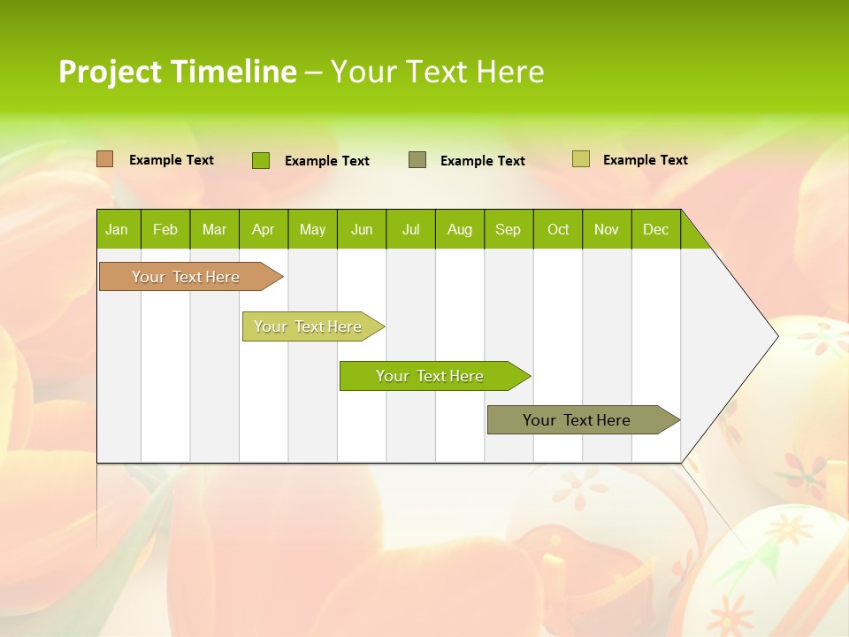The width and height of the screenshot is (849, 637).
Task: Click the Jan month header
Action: (x=117, y=229)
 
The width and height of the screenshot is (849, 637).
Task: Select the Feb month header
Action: (x=165, y=229)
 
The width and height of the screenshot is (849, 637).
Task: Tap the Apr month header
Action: (x=263, y=229)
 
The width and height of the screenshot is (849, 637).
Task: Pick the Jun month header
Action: (x=362, y=229)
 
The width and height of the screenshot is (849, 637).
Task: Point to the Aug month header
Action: (x=459, y=229)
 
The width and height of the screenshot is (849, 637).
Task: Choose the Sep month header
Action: (x=508, y=229)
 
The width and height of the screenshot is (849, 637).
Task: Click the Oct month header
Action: (x=558, y=229)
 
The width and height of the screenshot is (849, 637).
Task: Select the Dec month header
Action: (x=655, y=229)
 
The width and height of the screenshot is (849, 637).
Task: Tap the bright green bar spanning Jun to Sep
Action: (x=431, y=376)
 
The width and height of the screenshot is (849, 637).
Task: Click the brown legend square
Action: (x=105, y=159)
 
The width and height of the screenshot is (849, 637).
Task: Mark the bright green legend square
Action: (x=261, y=160)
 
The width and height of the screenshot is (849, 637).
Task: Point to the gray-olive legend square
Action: (x=417, y=160)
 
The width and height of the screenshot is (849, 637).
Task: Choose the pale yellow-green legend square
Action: (x=581, y=159)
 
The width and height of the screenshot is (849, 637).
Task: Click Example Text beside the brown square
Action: (x=172, y=160)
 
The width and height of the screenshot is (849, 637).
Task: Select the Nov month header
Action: (x=607, y=229)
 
